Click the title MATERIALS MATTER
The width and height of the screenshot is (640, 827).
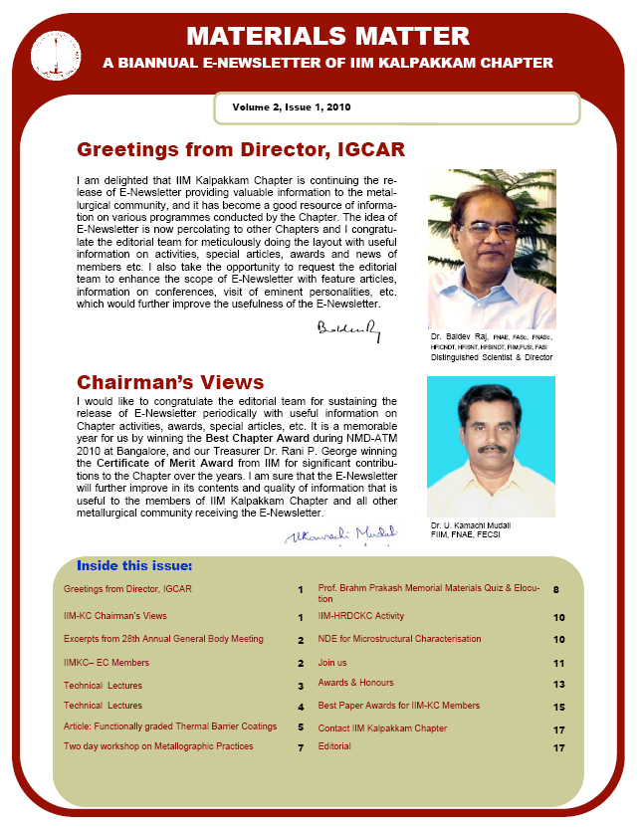point(327,37)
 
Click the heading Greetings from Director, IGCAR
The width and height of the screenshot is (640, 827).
point(241,150)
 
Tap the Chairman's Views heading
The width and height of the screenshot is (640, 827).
point(170,383)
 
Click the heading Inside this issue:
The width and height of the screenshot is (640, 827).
point(134,566)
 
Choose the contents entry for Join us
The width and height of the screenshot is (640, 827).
point(332,662)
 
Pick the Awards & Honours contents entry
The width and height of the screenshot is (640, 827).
point(355,683)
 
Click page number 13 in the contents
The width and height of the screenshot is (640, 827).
point(559,685)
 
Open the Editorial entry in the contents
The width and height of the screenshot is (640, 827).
point(334,746)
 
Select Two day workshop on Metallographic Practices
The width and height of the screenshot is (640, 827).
point(158,745)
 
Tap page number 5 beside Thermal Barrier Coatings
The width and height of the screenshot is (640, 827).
point(301,727)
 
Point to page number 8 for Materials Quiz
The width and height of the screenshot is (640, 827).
point(555,590)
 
